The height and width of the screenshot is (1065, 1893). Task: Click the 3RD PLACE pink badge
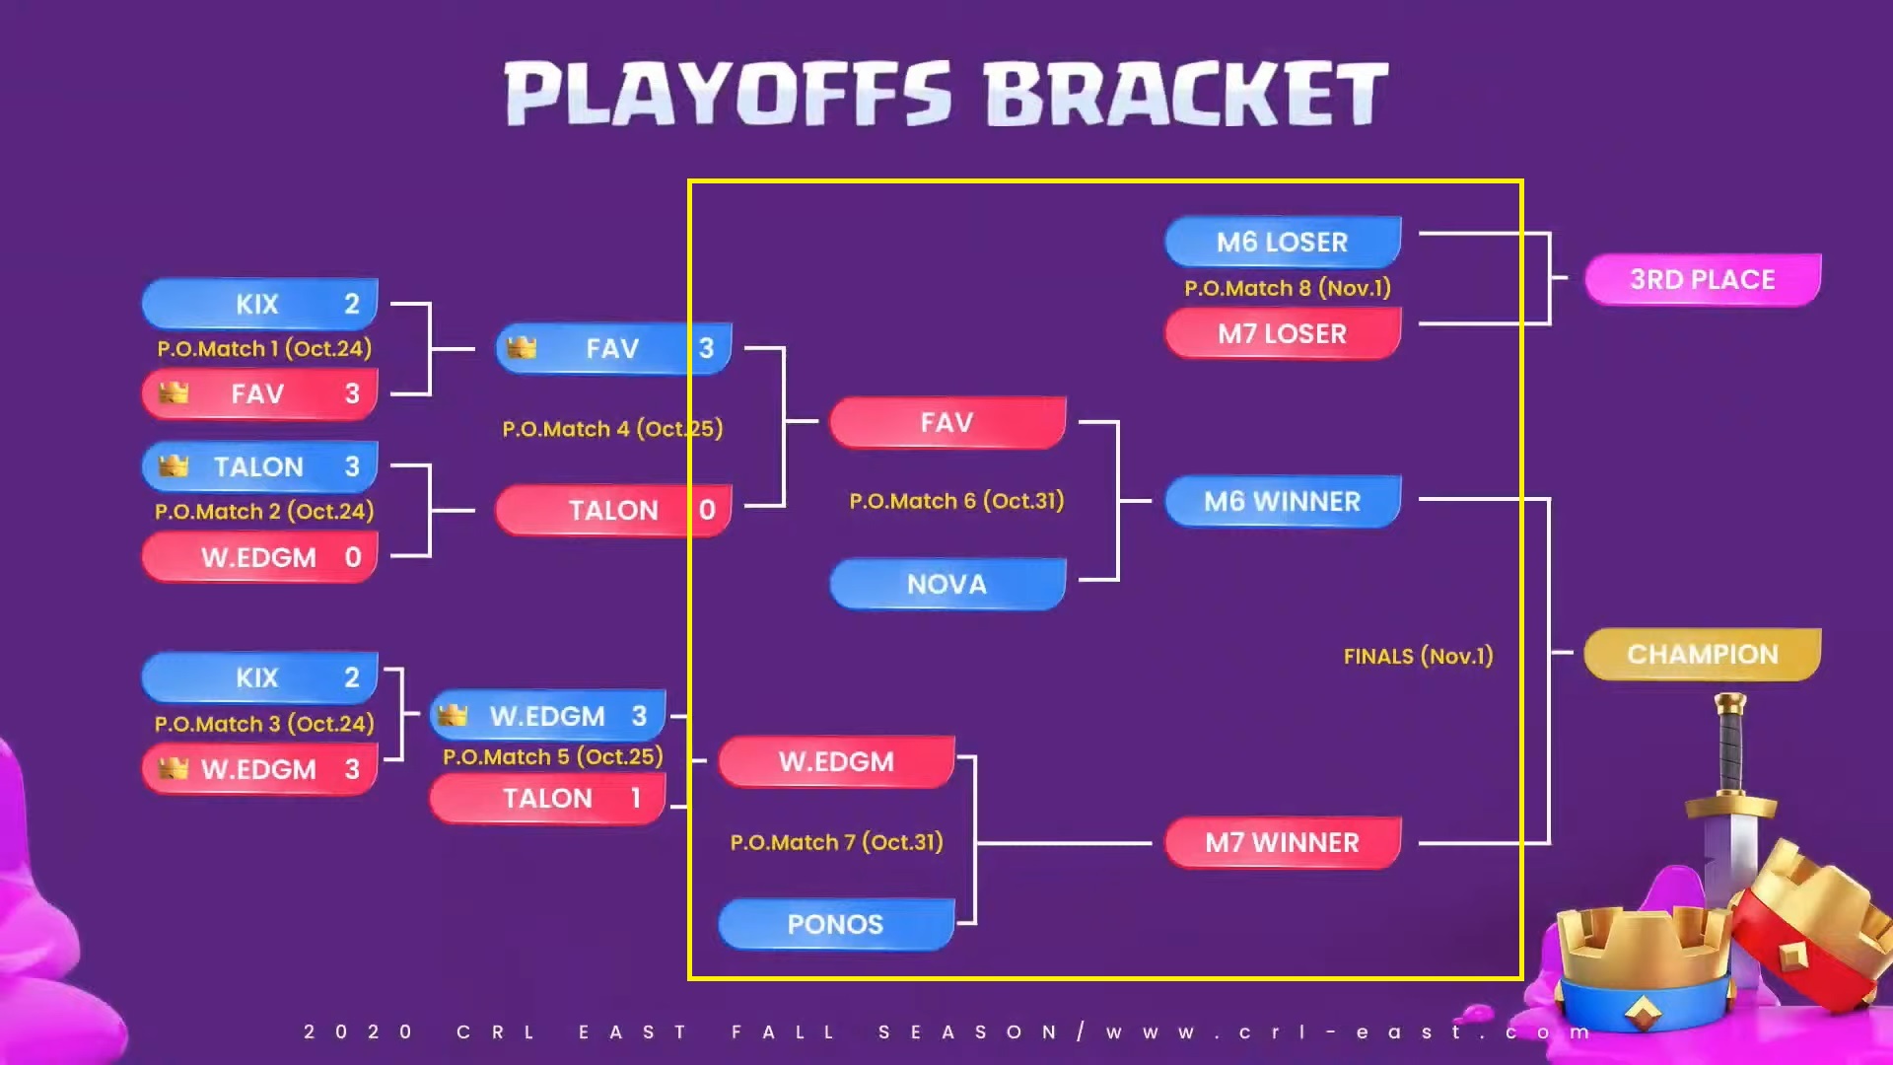coord(1703,280)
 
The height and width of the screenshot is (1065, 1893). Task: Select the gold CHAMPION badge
coord(1703,654)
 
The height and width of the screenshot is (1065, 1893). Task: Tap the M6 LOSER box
coord(1283,242)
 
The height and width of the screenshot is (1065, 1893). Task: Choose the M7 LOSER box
coord(1283,333)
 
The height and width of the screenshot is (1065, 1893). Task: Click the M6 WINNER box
coord(1283,501)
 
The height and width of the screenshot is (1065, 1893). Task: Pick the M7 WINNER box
coord(1283,842)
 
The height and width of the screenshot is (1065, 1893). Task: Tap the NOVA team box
coord(947,584)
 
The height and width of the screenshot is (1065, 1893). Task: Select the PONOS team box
coord(836,924)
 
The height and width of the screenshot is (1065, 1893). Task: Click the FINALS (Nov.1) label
coord(1418,656)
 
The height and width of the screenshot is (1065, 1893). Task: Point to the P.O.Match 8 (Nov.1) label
coord(1288,288)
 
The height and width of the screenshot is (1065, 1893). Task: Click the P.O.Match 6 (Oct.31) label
coord(956,501)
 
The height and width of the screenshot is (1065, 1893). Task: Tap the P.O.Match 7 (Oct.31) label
coord(836,842)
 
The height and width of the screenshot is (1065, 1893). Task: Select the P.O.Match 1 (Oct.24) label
coord(264,348)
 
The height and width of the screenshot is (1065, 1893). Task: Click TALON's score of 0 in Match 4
coord(707,510)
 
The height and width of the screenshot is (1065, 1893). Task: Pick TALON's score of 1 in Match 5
coord(636,798)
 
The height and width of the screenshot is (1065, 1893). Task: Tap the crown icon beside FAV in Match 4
coord(522,347)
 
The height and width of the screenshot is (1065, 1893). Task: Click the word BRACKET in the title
coord(1186,94)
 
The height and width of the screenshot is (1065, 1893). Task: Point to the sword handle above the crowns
coord(1730,745)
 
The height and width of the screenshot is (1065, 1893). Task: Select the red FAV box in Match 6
coord(947,422)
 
